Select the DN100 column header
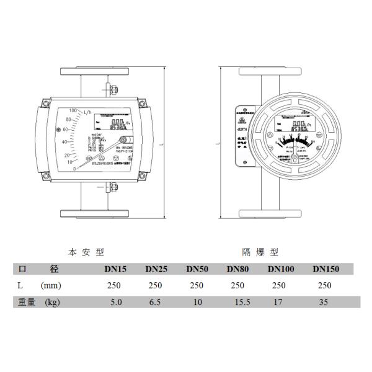coord(280,269)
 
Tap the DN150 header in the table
coord(325,269)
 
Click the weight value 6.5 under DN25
coord(156,303)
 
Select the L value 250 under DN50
coord(197,286)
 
